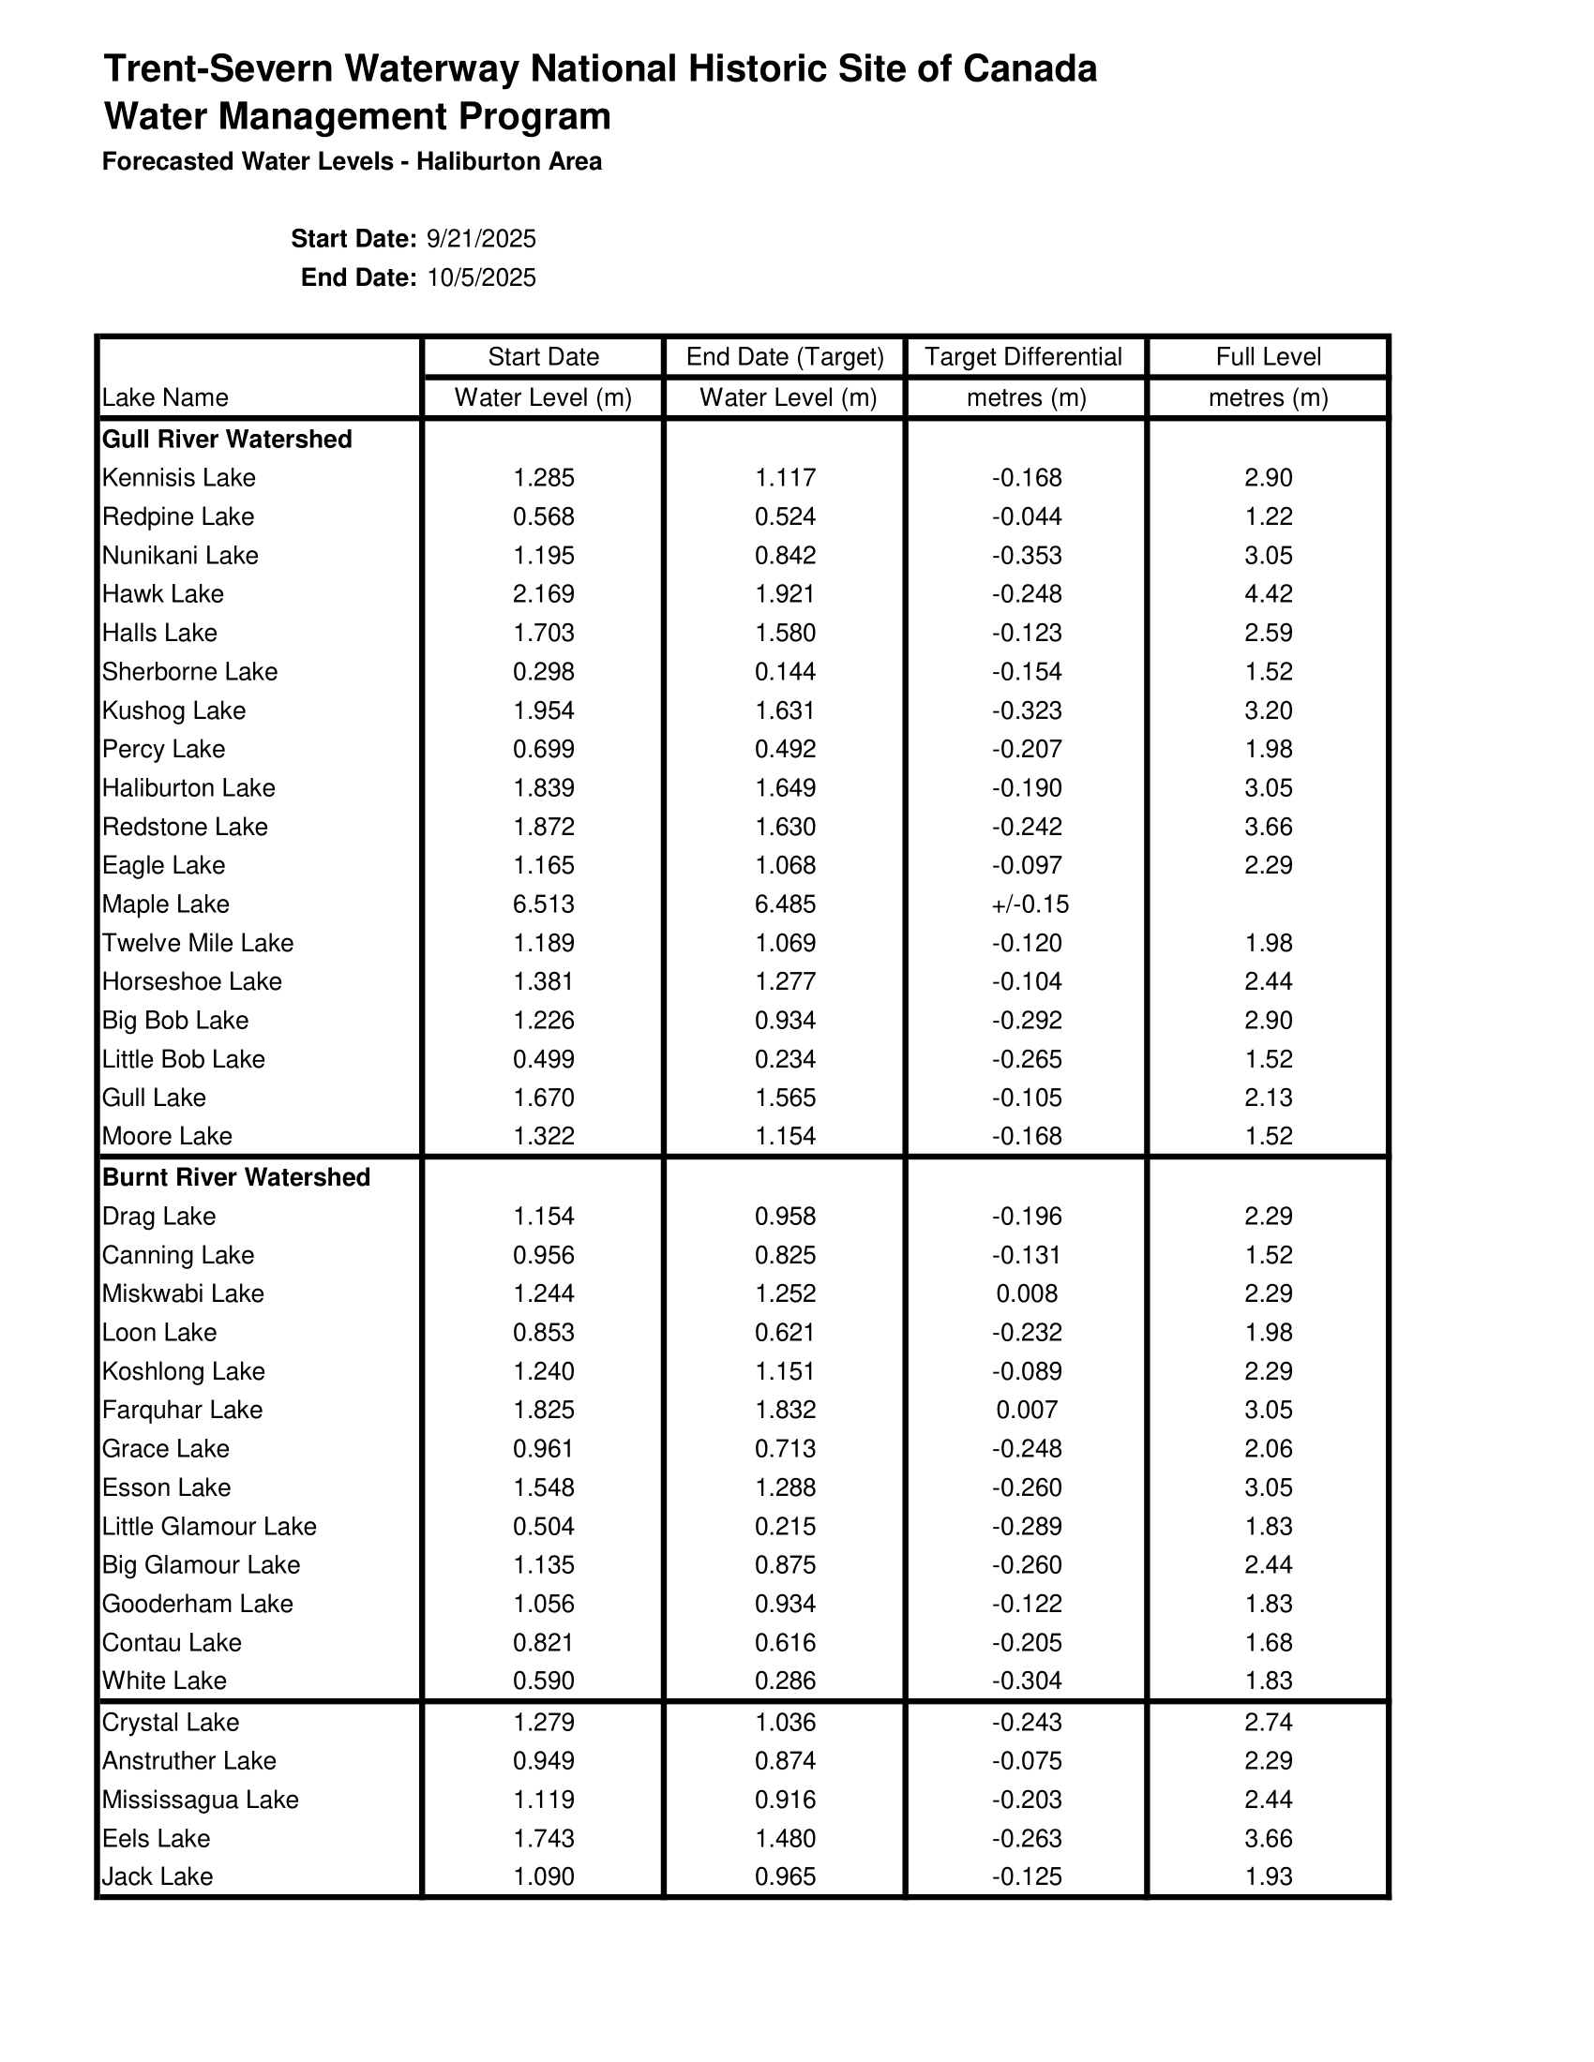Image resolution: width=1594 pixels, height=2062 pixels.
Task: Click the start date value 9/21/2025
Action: [x=481, y=239]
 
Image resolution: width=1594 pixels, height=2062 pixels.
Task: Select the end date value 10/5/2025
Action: [x=481, y=277]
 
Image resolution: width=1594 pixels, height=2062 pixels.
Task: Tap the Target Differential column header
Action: [x=1025, y=357]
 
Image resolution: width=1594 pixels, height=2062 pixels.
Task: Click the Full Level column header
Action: [x=1268, y=357]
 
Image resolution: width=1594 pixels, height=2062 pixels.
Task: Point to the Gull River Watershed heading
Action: [x=227, y=439]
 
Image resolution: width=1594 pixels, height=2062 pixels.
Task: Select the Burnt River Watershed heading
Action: [x=236, y=1177]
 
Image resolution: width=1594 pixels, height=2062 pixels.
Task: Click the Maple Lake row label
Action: [x=165, y=904]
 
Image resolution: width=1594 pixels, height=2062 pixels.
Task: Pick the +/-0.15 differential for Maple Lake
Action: [x=1030, y=904]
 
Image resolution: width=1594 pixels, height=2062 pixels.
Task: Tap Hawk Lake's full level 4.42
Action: [x=1269, y=594]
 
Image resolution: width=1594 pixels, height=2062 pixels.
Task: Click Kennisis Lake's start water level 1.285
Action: [x=543, y=478]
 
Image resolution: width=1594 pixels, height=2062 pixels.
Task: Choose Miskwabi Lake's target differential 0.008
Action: [x=1027, y=1293]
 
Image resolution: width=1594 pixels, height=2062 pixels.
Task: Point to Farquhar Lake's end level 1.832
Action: [x=785, y=1410]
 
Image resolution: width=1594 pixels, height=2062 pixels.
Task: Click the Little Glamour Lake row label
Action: [x=209, y=1527]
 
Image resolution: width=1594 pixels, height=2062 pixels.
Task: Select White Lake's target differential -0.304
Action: [x=1027, y=1681]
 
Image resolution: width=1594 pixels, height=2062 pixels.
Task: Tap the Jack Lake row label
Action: [x=157, y=1876]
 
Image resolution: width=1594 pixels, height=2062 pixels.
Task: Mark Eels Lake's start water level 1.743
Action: [x=543, y=1838]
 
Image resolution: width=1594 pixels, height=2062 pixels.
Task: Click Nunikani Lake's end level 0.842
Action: [x=785, y=555]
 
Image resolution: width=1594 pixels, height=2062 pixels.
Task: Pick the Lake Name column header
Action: [x=165, y=397]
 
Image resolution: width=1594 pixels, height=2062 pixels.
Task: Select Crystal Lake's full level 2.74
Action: [x=1269, y=1722]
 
